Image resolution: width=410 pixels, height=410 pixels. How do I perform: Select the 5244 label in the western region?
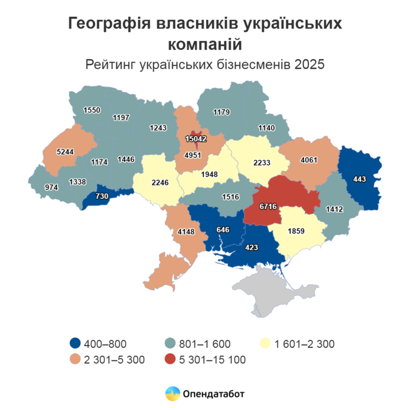click(65, 151)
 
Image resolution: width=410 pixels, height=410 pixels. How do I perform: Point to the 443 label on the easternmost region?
click(360, 179)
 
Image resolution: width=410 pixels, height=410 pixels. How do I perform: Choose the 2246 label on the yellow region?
click(159, 182)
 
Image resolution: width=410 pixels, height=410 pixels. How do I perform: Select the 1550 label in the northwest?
click(92, 110)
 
